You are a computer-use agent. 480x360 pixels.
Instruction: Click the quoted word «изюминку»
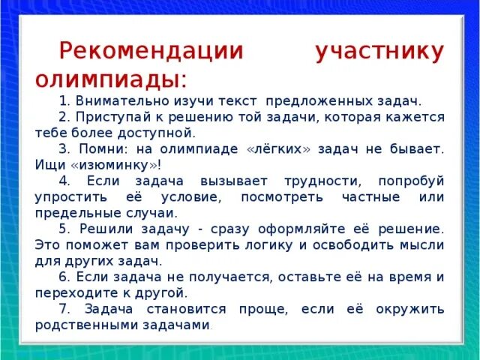(x=110, y=164)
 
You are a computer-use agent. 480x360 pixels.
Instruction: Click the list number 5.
(x=64, y=228)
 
